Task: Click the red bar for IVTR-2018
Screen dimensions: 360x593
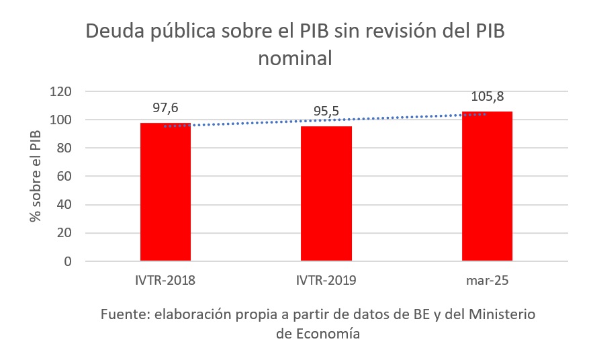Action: coord(165,195)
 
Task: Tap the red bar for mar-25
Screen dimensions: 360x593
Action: coord(487,188)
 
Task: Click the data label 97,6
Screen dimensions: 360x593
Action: coord(166,107)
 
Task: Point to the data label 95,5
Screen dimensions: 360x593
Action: coord(326,111)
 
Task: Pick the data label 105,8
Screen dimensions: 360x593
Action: coord(487,96)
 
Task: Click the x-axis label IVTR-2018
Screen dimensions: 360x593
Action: coord(165,280)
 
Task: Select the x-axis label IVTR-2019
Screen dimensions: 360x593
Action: coord(326,280)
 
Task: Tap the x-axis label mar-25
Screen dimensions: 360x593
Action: coord(487,280)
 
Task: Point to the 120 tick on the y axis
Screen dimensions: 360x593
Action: coord(61,91)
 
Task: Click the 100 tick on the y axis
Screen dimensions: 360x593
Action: coord(61,120)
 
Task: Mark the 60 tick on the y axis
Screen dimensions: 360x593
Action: coord(64,177)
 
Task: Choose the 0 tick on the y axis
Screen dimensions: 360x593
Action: coord(68,261)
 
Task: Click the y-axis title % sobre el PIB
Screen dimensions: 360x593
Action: coord(34,177)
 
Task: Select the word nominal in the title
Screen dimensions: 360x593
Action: coord(295,58)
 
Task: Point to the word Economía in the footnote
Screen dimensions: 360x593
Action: coord(327,334)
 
